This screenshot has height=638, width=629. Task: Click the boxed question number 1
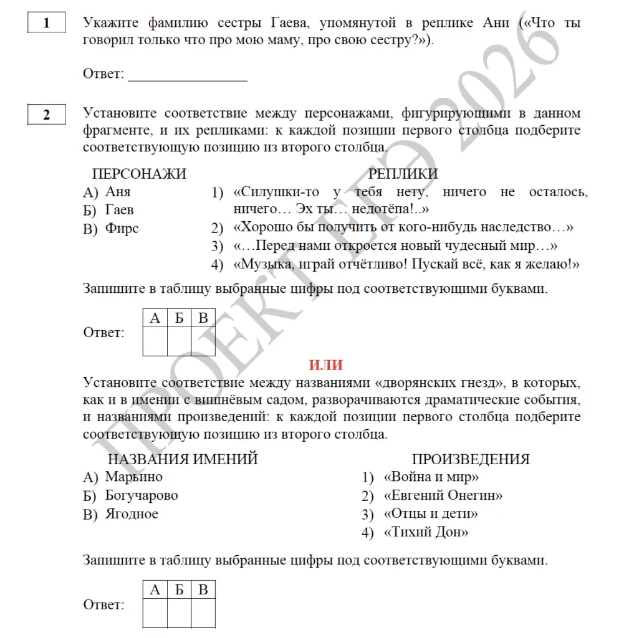(x=47, y=24)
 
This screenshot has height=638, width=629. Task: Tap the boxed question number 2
(x=47, y=115)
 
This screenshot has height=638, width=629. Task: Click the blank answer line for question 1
(x=187, y=79)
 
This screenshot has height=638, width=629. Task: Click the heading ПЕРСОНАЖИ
(x=139, y=174)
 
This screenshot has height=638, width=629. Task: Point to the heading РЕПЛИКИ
(x=403, y=174)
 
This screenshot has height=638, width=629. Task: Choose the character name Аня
(x=118, y=192)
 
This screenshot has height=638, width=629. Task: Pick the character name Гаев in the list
(x=120, y=210)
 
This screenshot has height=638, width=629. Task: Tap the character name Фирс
(x=122, y=228)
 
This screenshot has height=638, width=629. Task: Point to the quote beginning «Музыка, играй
(x=406, y=264)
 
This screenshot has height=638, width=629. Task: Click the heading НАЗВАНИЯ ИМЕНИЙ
(x=183, y=460)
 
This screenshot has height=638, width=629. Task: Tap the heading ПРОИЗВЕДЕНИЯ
(x=471, y=460)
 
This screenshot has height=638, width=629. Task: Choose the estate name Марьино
(x=133, y=477)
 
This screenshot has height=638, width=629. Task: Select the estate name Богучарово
(x=142, y=495)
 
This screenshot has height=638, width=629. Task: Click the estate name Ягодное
(x=132, y=514)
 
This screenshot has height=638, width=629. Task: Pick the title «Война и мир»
(x=431, y=478)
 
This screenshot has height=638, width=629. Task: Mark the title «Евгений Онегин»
(x=443, y=496)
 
